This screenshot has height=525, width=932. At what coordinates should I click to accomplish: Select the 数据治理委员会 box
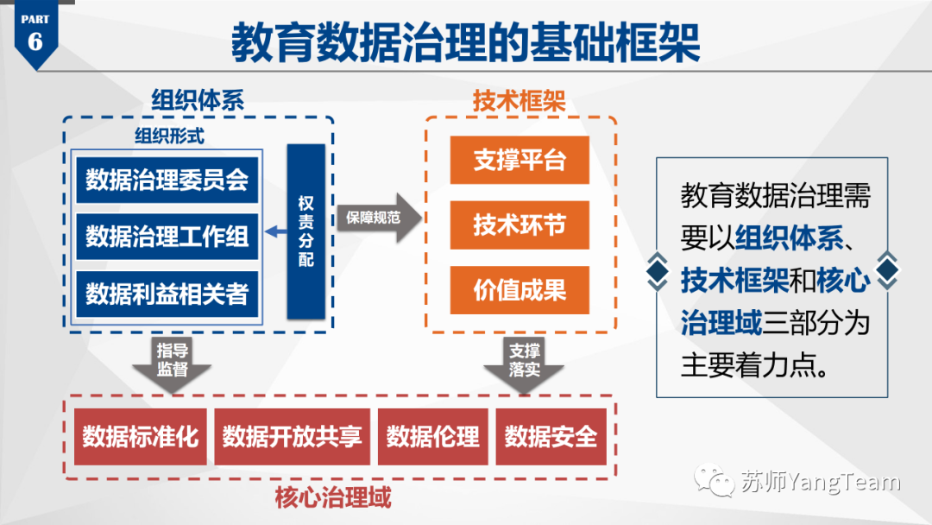167,179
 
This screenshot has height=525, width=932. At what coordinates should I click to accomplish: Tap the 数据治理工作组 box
167,236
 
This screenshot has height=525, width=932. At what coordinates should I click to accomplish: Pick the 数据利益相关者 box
167,294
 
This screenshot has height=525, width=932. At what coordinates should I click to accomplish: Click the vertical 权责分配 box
305,231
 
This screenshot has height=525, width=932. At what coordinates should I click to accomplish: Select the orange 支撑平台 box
520,161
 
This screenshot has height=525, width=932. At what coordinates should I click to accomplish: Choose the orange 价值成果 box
520,290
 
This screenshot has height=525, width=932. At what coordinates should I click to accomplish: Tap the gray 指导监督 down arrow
172,362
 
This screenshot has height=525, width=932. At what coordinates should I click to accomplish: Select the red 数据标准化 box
141,437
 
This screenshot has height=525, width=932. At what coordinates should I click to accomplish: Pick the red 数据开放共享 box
292,437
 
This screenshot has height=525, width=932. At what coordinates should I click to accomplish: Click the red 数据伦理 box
432,437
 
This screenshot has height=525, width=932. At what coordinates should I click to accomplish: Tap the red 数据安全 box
551,437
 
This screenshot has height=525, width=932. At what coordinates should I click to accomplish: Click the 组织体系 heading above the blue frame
198,99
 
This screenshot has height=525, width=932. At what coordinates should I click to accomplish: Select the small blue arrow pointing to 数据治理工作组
276,231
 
